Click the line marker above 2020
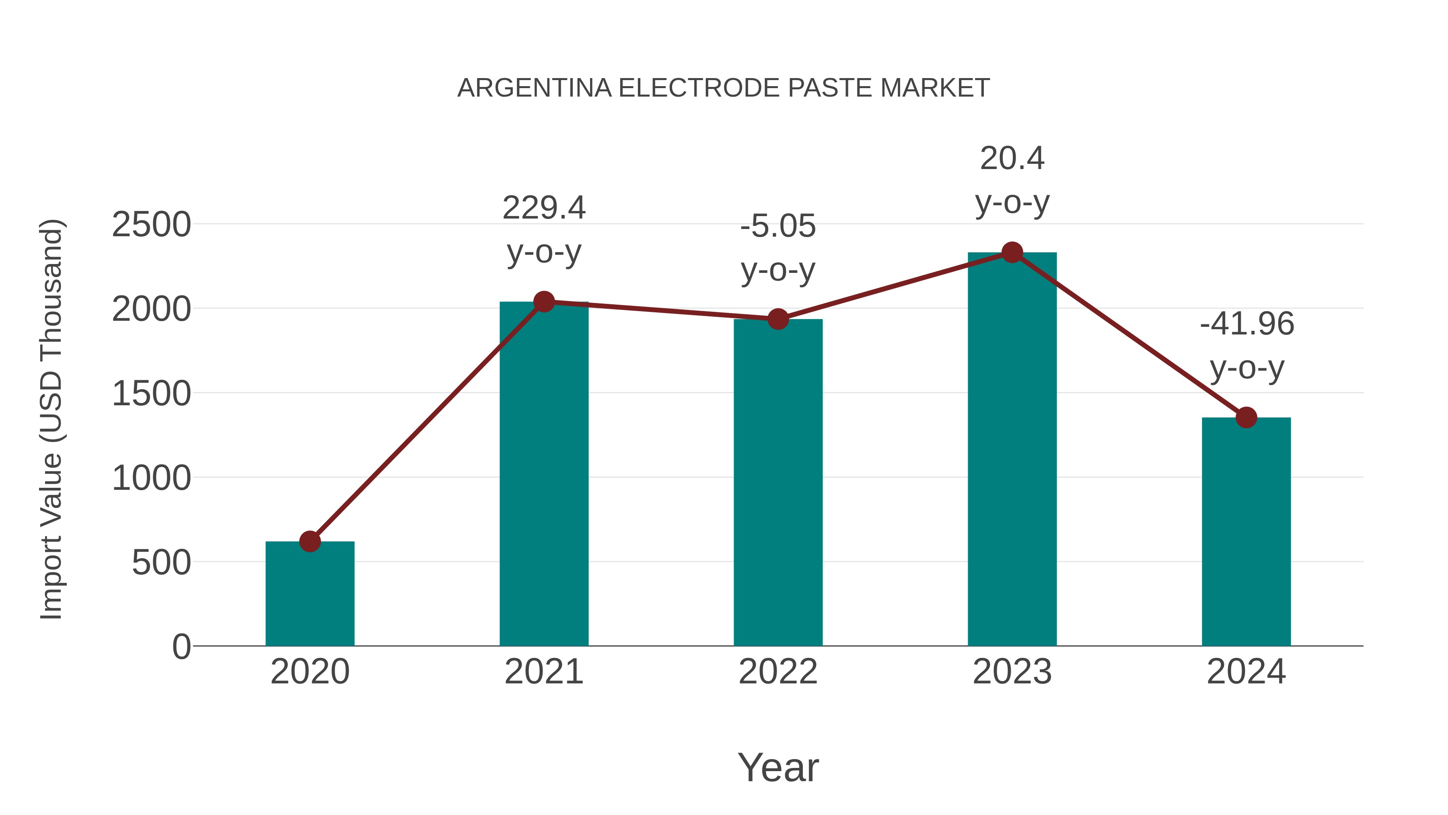click(310, 542)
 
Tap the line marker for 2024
click(1246, 417)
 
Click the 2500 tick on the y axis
click(151, 225)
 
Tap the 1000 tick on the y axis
click(151, 478)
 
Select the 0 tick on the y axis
click(181, 646)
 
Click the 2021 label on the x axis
click(543, 672)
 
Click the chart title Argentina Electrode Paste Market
click(724, 88)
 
